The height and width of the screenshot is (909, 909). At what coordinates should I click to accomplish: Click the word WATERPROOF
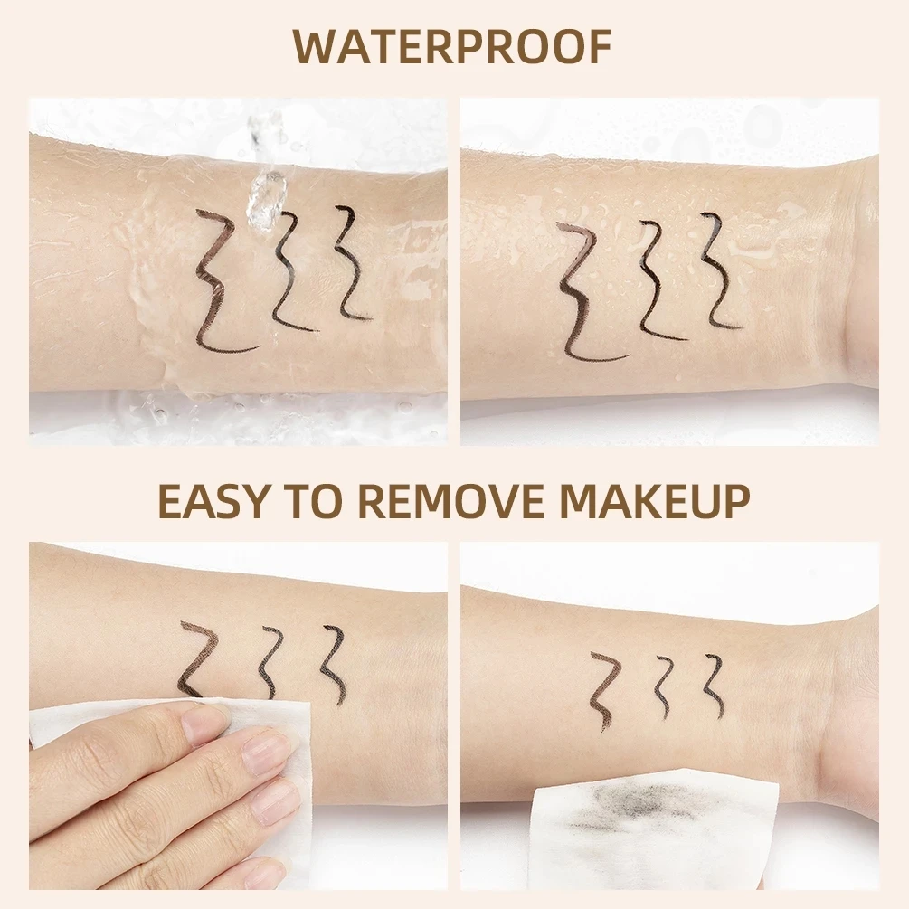(x=453, y=47)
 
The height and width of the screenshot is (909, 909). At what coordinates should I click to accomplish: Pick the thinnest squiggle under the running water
(x=347, y=263)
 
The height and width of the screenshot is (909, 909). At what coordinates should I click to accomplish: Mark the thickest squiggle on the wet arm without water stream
(x=579, y=289)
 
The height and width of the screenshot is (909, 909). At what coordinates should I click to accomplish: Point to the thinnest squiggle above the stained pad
(x=715, y=684)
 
